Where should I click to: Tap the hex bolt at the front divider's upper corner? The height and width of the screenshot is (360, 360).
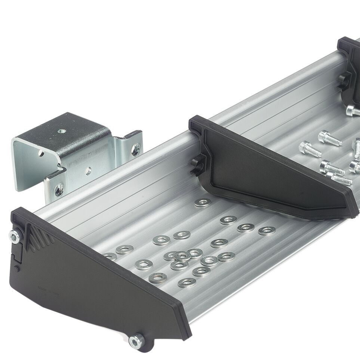point(14,236)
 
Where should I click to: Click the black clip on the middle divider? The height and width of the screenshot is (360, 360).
point(195,166)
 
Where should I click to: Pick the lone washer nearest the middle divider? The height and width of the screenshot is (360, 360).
point(203,203)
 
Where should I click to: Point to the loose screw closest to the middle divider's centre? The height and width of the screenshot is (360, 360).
point(310,149)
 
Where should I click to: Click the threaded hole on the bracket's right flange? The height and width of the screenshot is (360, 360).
point(135,149)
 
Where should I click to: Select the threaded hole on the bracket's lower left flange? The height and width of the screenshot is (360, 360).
point(58,190)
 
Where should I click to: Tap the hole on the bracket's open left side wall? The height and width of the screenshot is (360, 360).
point(40,154)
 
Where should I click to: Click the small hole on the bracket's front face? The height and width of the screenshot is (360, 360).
point(88,171)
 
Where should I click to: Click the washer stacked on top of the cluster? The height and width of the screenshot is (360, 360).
point(182,256)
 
